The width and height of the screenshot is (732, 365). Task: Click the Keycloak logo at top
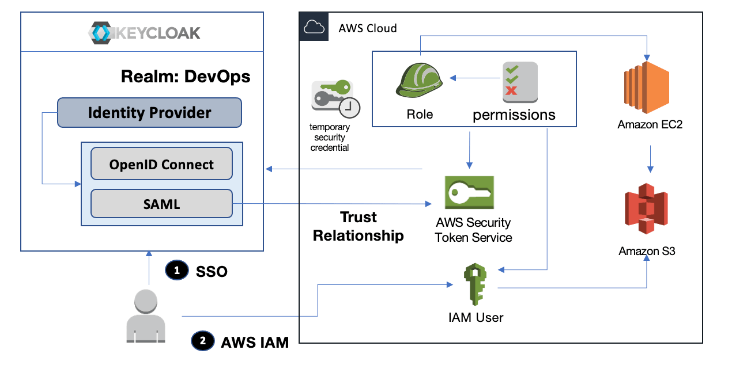(x=145, y=32)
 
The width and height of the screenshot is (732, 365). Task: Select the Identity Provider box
(x=149, y=112)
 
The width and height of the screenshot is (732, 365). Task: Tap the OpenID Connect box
(x=161, y=164)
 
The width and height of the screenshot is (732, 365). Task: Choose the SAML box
(x=161, y=204)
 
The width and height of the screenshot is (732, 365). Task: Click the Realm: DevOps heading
(x=186, y=77)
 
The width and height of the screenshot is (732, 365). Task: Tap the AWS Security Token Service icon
(x=469, y=192)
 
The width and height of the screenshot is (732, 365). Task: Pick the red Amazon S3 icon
(x=646, y=210)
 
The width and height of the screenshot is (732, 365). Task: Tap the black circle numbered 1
(x=177, y=270)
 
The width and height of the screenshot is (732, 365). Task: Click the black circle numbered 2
(x=202, y=341)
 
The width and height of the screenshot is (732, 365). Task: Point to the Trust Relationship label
(x=358, y=226)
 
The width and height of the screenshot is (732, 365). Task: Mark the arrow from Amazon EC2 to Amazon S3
(x=650, y=158)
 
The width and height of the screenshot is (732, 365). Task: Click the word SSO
(x=212, y=271)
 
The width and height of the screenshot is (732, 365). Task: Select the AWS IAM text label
(x=255, y=342)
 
